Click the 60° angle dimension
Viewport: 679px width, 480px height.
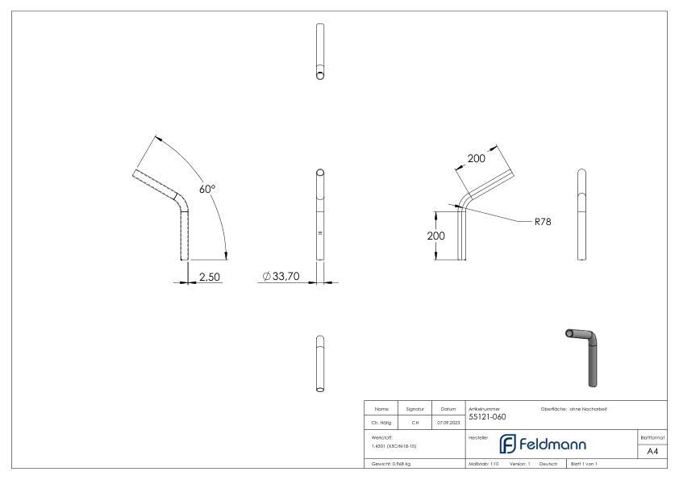pyautogui.click(x=206, y=189)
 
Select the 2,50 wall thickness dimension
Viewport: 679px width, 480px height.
pyautogui.click(x=210, y=277)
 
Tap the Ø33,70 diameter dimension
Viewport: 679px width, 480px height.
pyautogui.click(x=281, y=277)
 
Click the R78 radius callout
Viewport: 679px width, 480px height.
pyautogui.click(x=543, y=220)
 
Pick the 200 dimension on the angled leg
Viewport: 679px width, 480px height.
pyautogui.click(x=477, y=159)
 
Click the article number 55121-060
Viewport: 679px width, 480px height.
pyautogui.click(x=487, y=418)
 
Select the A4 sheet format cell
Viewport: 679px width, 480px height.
pyautogui.click(x=652, y=451)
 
